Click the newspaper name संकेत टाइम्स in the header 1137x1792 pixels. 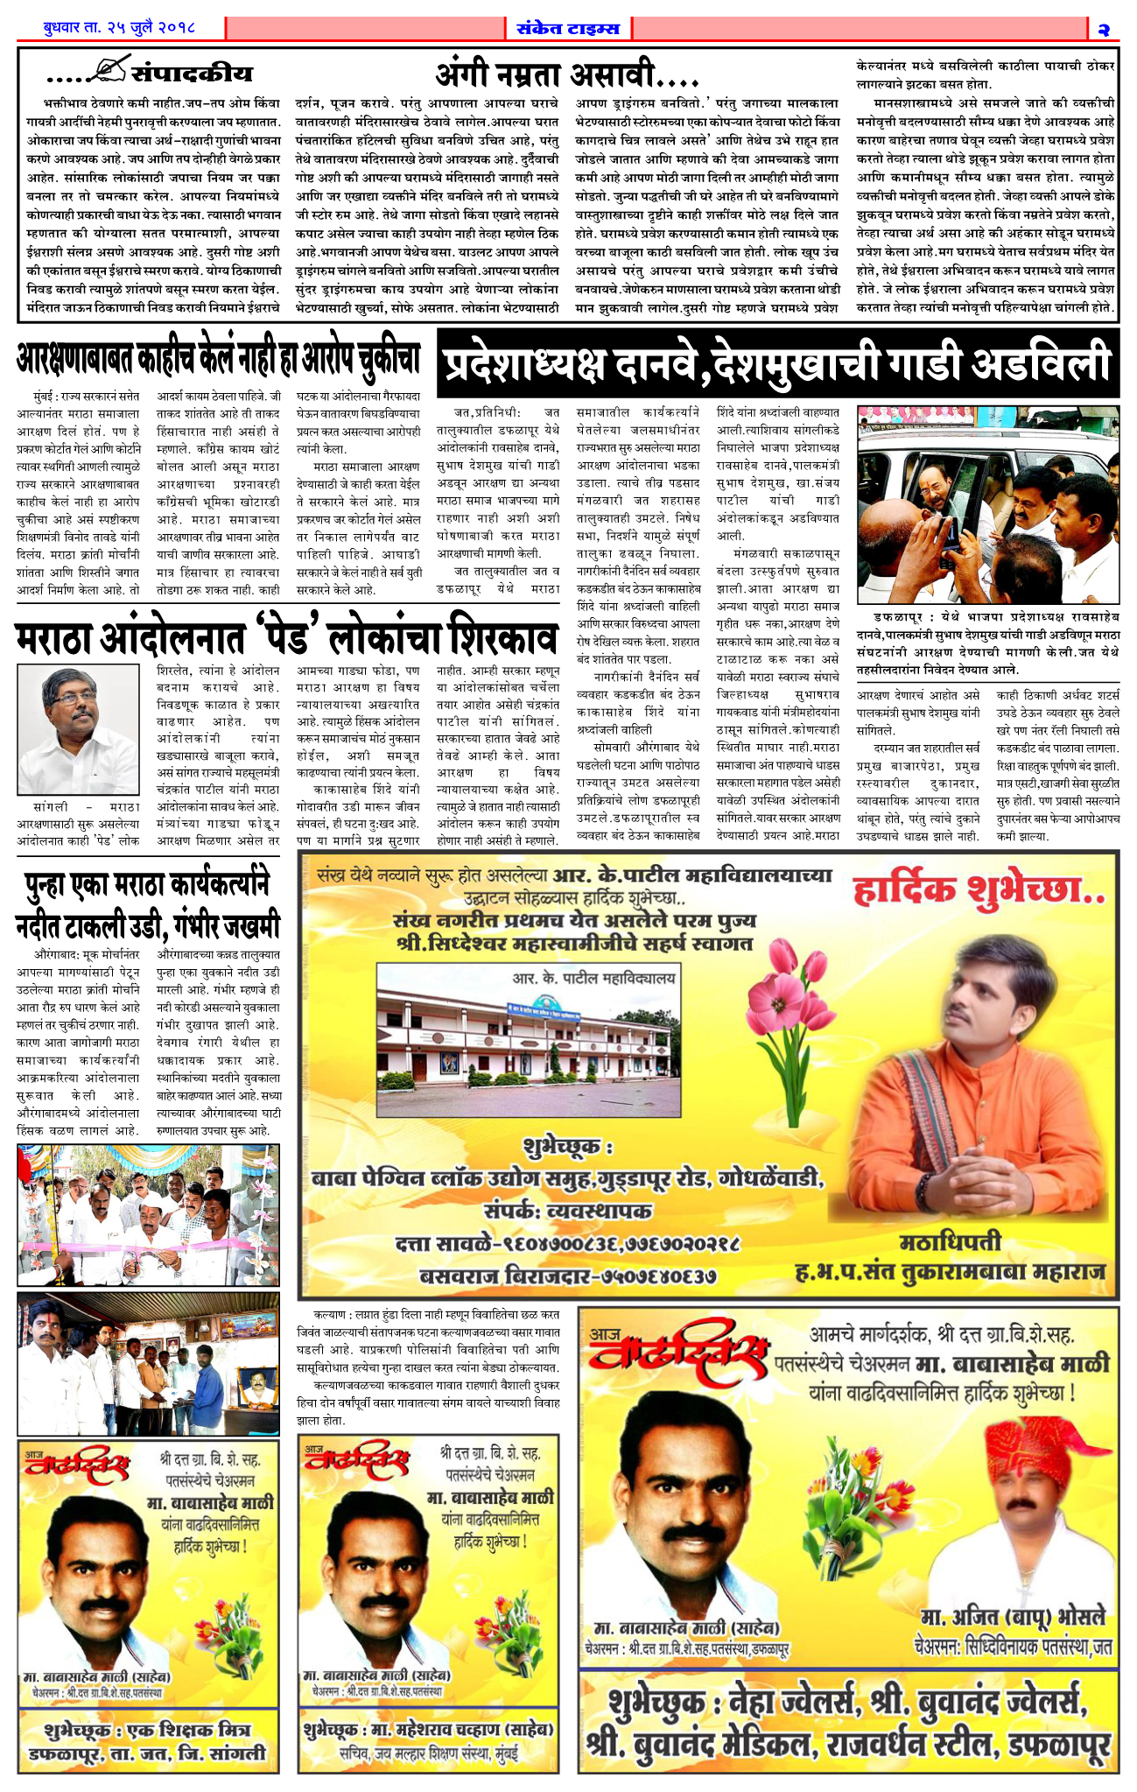568,28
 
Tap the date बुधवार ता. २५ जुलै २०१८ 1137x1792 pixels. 120,28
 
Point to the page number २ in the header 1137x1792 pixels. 1104,29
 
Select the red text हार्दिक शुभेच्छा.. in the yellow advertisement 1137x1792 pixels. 979,891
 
